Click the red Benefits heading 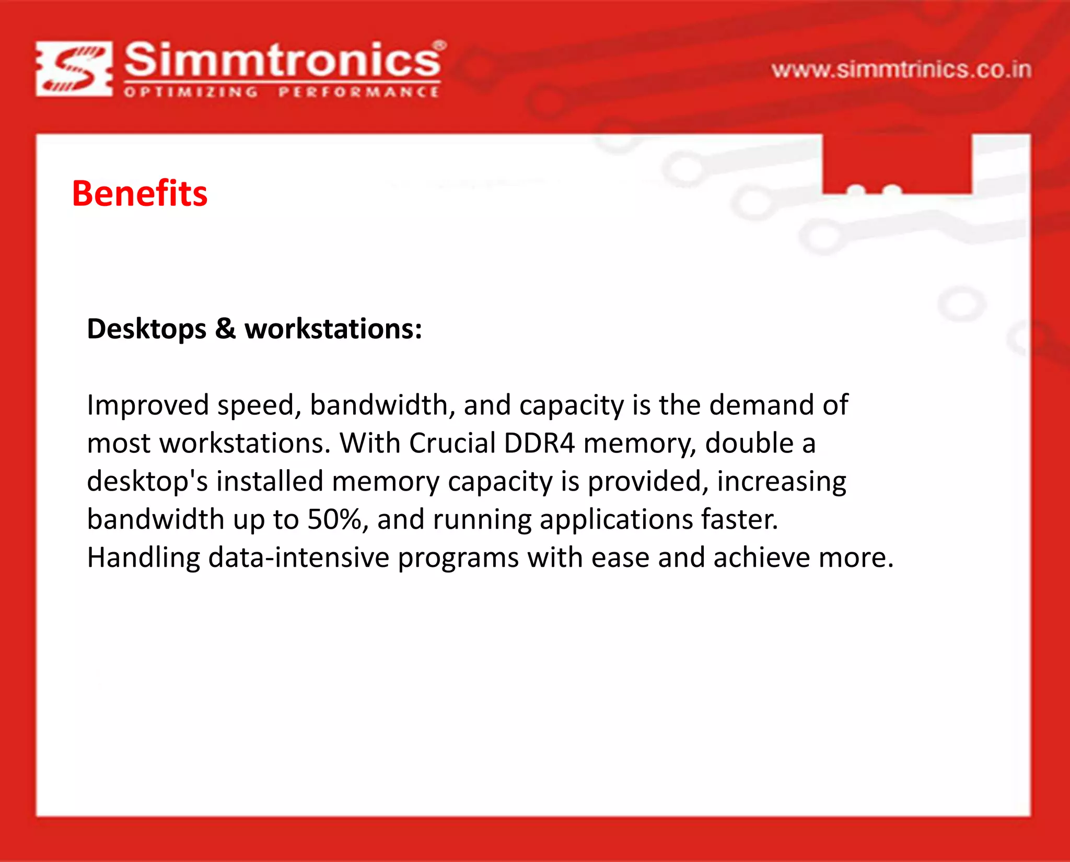[x=139, y=194]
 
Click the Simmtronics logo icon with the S [x=74, y=69]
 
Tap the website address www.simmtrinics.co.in [x=901, y=70]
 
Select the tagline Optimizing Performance [x=282, y=92]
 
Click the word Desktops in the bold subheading [x=147, y=330]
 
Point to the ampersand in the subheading [x=225, y=329]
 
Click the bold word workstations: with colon [x=333, y=329]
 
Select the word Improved [x=148, y=405]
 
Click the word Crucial [x=452, y=444]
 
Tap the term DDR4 [x=539, y=444]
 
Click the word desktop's [x=147, y=482]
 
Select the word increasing [x=782, y=482]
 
